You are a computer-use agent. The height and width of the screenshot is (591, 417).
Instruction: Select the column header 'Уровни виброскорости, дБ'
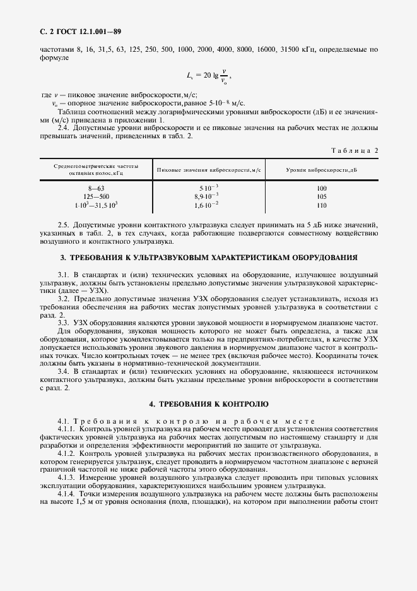tap(321, 170)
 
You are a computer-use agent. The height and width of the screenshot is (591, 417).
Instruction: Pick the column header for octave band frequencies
tap(95, 170)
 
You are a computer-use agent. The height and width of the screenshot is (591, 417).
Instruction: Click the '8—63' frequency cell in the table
tap(95, 189)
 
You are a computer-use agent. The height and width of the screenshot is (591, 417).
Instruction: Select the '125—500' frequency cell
tap(95, 197)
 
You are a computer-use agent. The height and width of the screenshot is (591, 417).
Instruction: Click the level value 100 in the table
tap(322, 189)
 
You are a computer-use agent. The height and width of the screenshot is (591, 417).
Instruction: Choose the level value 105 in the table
tap(322, 197)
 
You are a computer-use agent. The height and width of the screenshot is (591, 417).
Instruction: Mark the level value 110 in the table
tap(322, 205)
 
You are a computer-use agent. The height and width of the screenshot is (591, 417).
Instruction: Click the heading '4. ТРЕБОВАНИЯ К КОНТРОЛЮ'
tap(208, 403)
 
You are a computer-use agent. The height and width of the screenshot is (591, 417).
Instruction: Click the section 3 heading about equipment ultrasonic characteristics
tap(208, 258)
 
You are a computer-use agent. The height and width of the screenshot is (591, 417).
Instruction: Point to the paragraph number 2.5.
tap(64, 225)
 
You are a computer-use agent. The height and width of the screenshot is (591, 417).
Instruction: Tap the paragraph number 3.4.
tap(64, 371)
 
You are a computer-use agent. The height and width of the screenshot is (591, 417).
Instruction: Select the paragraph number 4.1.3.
tap(67, 478)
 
